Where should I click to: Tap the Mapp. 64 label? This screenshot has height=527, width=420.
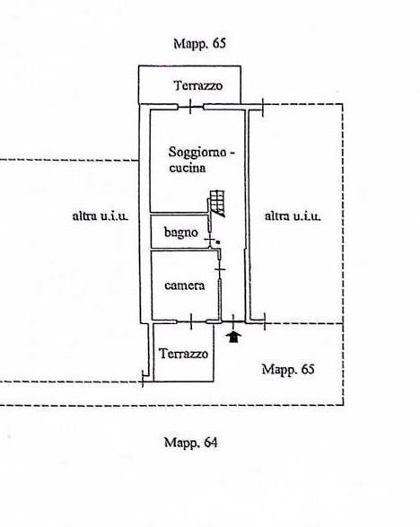[190, 442]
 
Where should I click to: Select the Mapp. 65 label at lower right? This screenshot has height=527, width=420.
[288, 369]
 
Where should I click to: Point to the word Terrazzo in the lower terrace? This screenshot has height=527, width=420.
[184, 354]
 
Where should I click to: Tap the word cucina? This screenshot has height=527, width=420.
[187, 168]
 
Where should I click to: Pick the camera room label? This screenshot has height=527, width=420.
[185, 285]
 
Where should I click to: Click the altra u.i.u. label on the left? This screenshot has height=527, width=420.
[101, 215]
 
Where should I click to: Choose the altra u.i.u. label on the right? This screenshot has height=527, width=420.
[293, 215]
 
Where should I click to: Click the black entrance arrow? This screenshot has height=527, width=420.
[234, 337]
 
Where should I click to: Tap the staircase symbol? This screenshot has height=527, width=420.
[216, 202]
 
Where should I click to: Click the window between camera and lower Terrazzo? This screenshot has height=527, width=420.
[193, 321]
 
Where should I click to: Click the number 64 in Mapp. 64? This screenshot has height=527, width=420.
[210, 442]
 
